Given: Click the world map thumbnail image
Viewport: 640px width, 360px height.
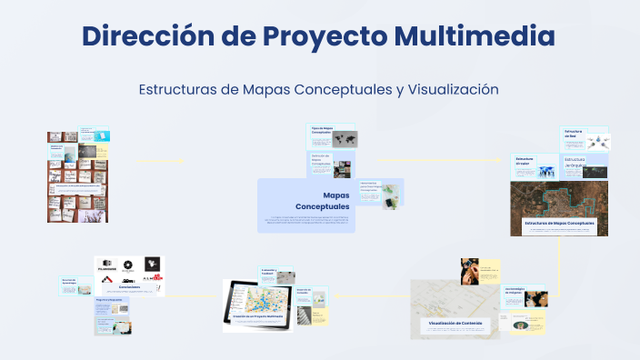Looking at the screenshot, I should pos(345,139).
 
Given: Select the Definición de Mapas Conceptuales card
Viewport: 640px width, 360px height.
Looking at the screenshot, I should pos(321,163).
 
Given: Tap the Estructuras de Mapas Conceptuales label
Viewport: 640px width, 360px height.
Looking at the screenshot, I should pos(559,223).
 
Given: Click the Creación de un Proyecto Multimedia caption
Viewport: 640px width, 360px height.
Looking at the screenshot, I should pos(266,315).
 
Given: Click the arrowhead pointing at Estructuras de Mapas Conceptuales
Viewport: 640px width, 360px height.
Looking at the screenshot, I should pos(501,161).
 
